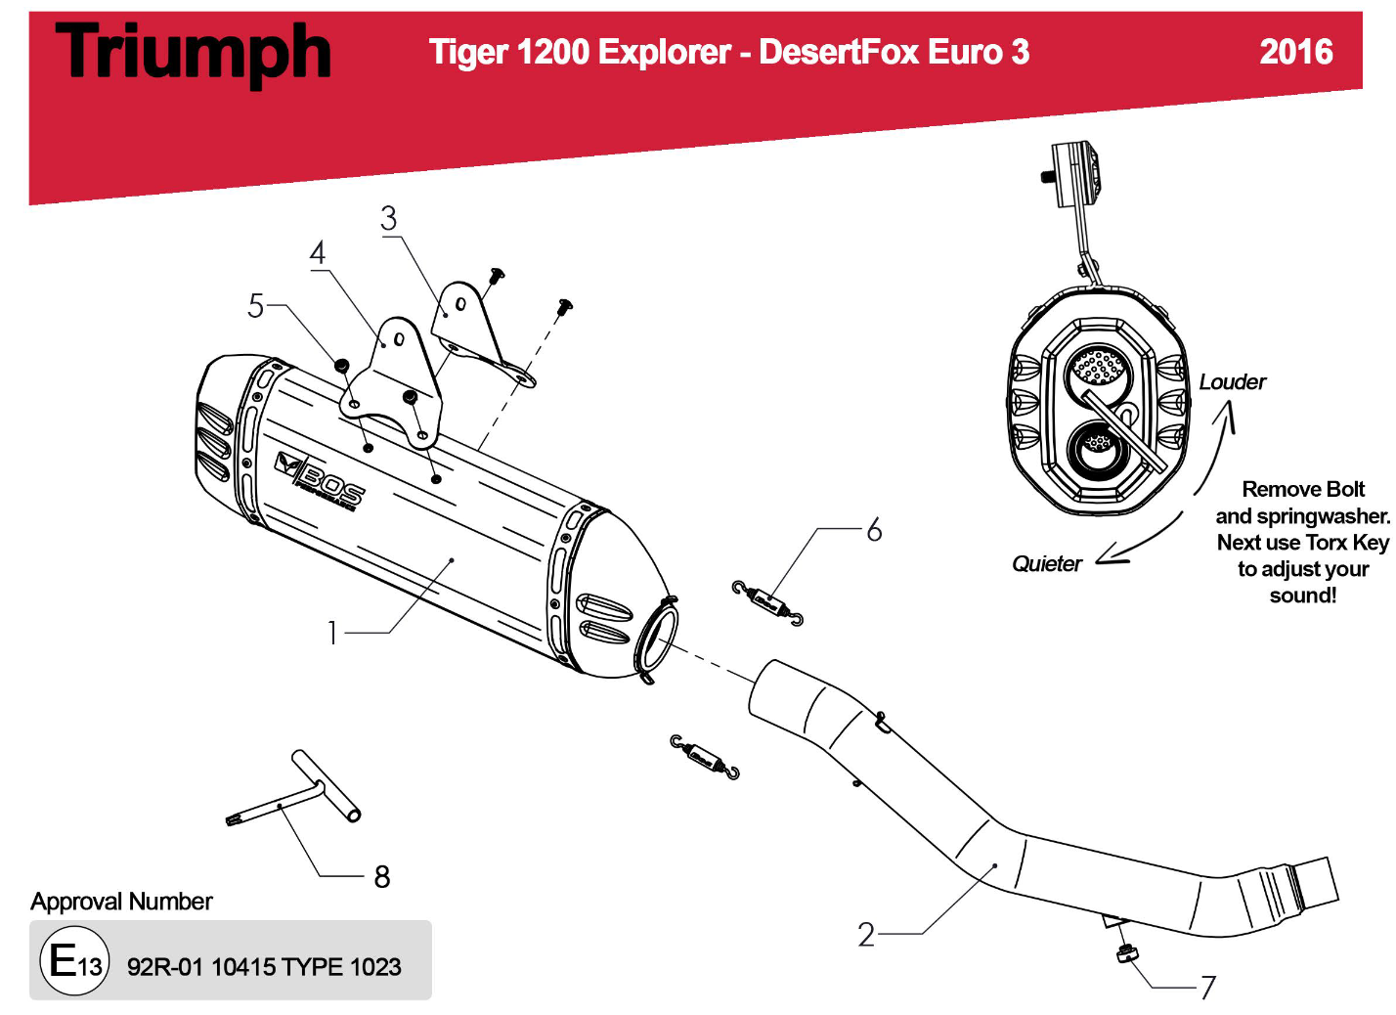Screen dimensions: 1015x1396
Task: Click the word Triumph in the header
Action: (x=194, y=53)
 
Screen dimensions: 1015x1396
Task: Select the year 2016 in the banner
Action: (x=1295, y=52)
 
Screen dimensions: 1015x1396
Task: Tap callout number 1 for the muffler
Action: (x=332, y=634)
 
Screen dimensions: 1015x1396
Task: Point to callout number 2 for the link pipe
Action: (x=866, y=935)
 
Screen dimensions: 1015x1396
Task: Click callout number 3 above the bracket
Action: (x=389, y=218)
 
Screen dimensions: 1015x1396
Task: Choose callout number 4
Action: (x=318, y=253)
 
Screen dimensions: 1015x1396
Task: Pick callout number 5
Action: (x=256, y=306)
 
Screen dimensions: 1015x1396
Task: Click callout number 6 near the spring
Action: (x=874, y=530)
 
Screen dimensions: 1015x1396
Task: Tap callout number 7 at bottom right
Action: (x=1208, y=988)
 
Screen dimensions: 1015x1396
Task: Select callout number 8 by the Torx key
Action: (x=382, y=877)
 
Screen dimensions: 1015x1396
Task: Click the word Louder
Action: (x=1232, y=382)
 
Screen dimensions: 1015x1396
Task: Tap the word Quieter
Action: (x=1046, y=564)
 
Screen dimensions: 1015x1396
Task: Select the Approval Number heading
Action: (x=121, y=902)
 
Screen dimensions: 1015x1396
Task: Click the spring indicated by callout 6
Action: (x=767, y=602)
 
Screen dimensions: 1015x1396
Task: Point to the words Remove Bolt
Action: (x=1302, y=489)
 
